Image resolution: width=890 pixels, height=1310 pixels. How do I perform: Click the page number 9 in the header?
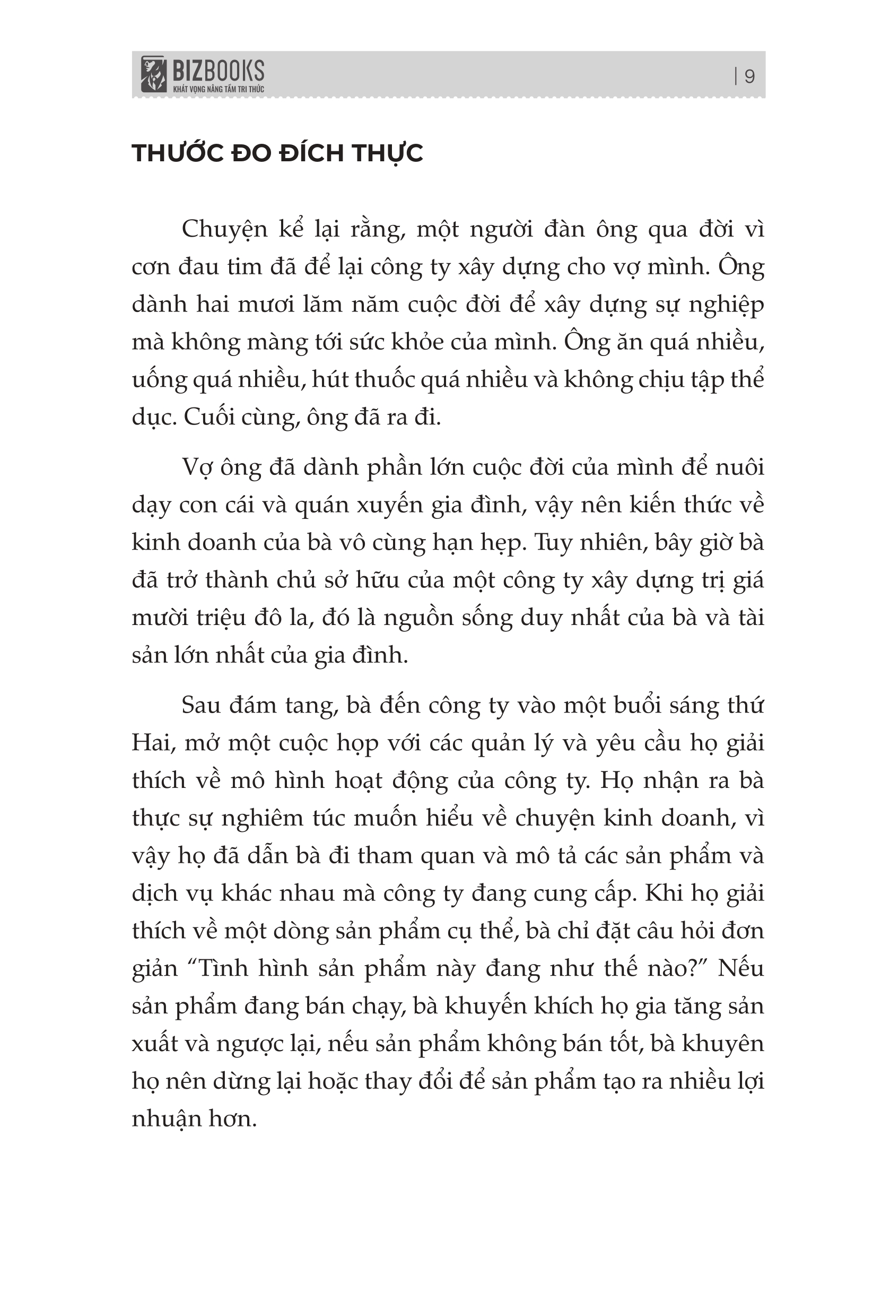749,76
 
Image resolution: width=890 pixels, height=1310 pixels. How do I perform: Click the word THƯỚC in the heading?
177,153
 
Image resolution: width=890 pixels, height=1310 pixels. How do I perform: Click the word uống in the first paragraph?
159,380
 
